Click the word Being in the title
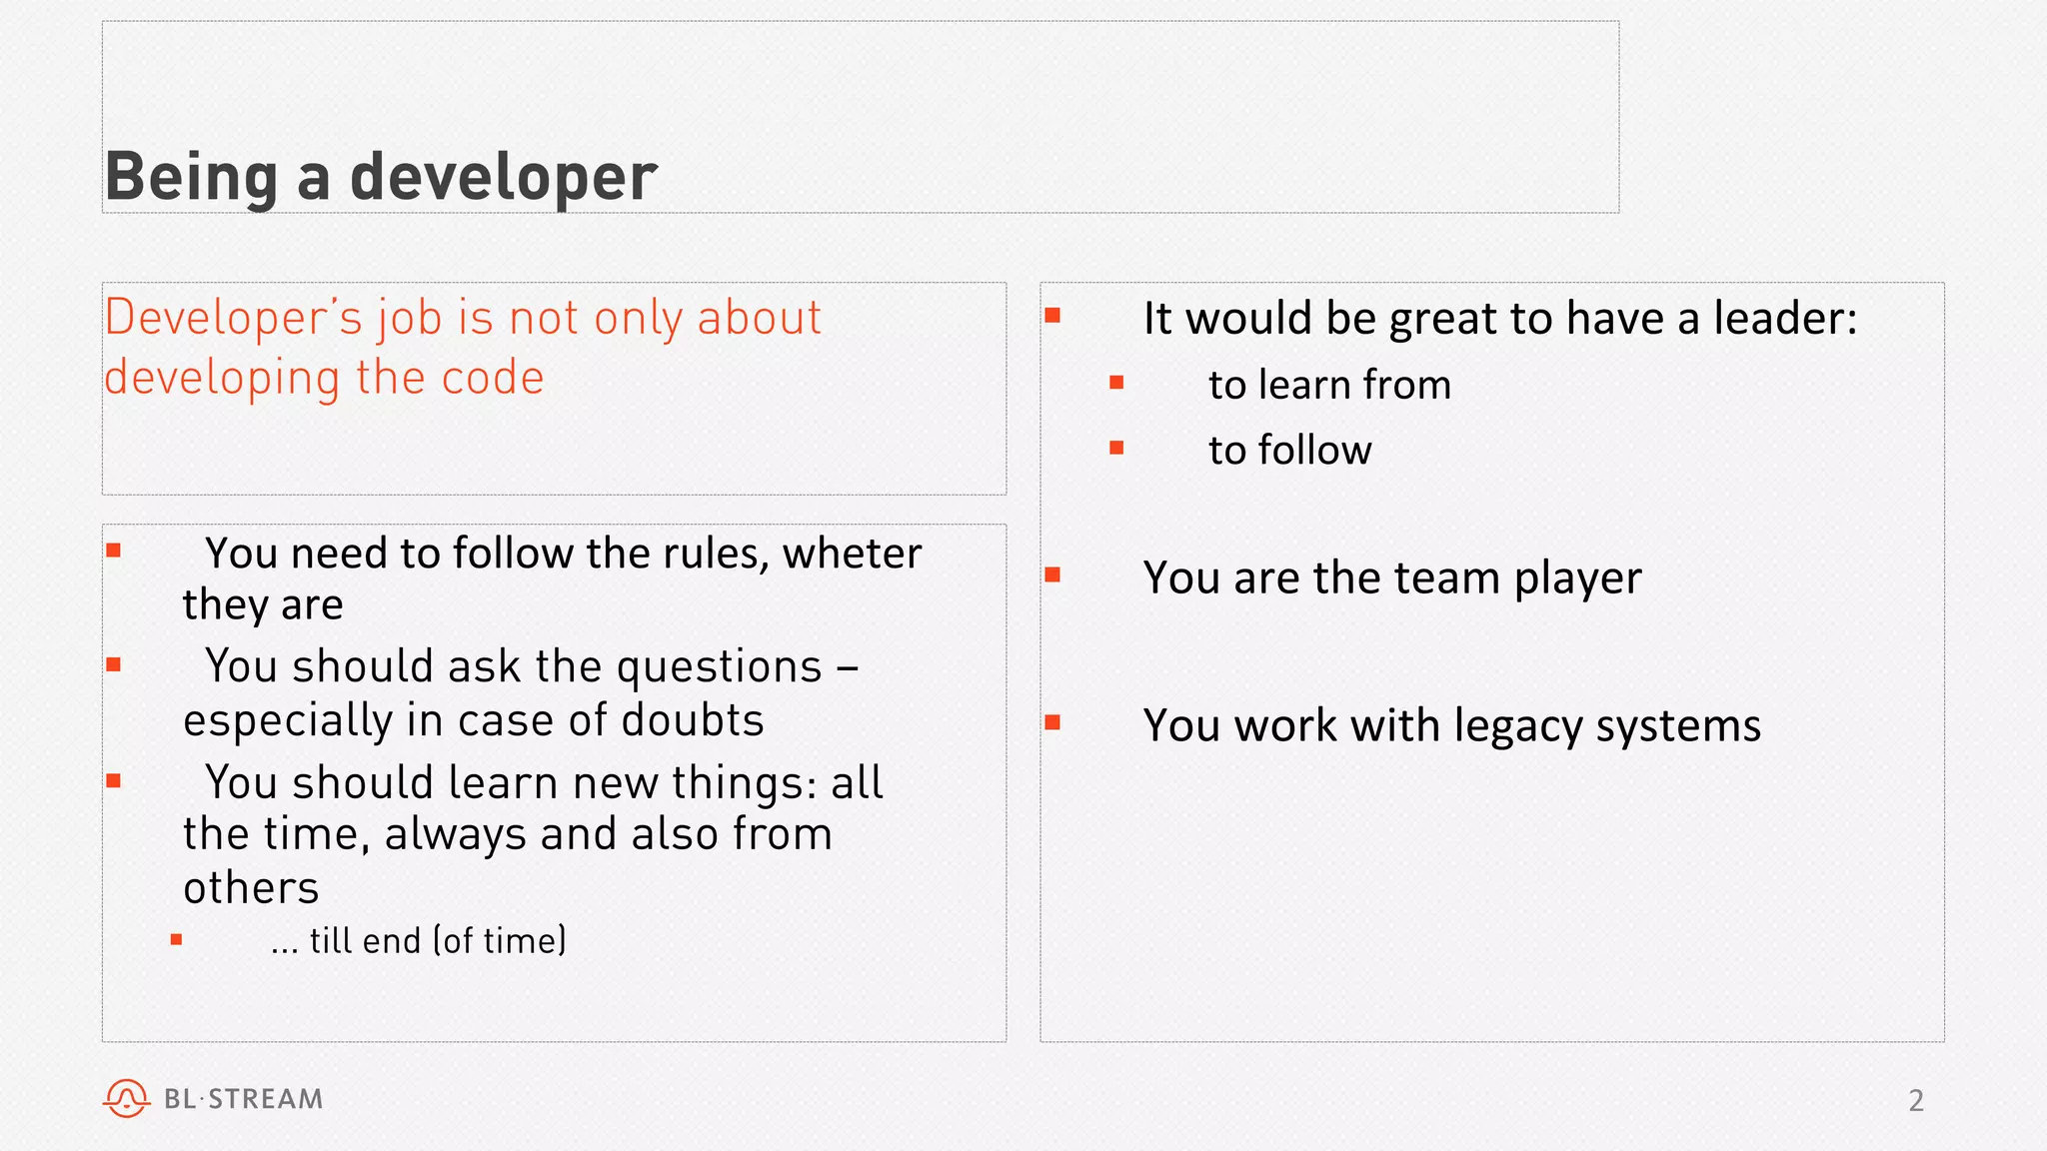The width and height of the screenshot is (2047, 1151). pos(191,178)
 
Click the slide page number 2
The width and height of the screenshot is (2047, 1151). pos(1915,1100)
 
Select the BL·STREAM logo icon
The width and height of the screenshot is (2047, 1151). pos(126,1098)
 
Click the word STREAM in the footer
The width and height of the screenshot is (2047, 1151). pos(266,1099)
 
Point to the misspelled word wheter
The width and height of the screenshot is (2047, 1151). pos(852,554)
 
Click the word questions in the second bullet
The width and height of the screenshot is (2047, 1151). pos(719,666)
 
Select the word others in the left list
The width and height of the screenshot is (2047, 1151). pos(251,888)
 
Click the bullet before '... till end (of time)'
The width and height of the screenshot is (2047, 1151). pos(177,939)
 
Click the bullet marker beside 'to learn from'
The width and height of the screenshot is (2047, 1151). pos(1116,383)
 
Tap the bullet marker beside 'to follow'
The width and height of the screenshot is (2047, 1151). pos(1116,449)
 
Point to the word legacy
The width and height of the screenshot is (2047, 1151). pos(1518,726)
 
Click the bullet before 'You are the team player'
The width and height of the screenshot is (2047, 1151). pos(1052,575)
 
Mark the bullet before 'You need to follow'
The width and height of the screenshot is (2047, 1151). pos(114,551)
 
